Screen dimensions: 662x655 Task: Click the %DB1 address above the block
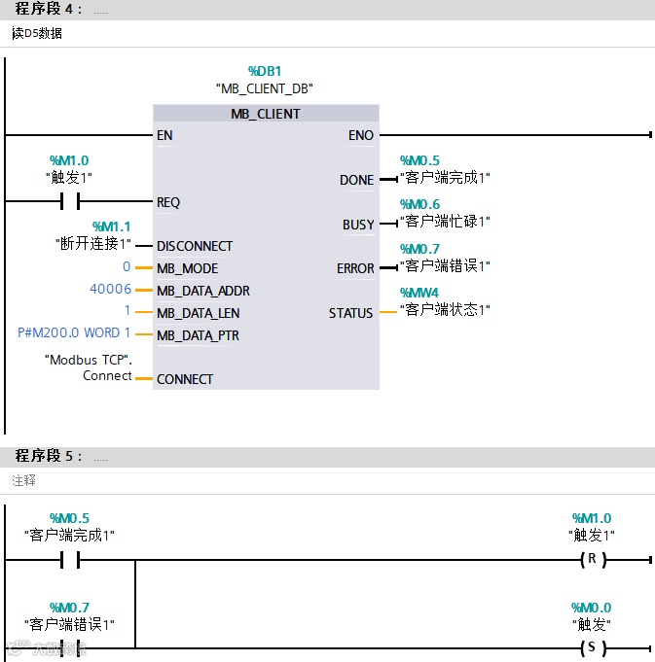265,71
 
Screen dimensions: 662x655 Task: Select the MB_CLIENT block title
265,114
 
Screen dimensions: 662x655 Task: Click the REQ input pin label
168,202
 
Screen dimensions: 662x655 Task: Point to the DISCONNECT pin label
195,246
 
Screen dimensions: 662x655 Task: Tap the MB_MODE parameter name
187,268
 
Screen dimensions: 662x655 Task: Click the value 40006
110,290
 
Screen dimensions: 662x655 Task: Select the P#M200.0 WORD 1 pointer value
74,333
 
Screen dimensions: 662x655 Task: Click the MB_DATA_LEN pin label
198,313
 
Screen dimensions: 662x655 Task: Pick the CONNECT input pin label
185,379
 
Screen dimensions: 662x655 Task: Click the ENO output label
360,135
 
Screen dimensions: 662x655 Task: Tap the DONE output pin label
356,180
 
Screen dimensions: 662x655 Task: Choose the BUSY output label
358,225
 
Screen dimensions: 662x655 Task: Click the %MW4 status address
419,293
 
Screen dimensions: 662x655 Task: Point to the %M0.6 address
419,204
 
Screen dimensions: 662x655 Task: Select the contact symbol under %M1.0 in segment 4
69,202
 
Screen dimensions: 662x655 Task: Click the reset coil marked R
591,560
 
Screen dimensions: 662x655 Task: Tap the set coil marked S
591,648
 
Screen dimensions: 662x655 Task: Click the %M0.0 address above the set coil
591,608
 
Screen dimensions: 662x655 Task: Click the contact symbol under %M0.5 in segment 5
69,560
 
